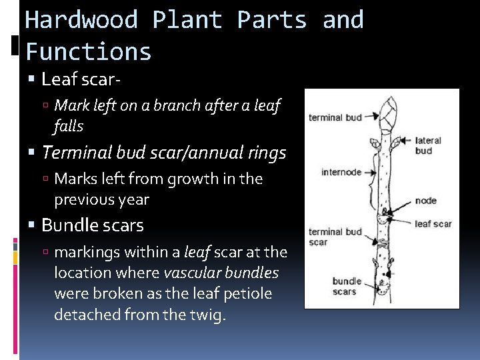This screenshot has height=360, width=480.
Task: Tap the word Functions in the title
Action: pyautogui.click(x=89, y=51)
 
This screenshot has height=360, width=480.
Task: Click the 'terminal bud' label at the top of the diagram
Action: pyautogui.click(x=335, y=117)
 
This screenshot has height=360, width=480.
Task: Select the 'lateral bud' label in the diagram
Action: pyautogui.click(x=428, y=145)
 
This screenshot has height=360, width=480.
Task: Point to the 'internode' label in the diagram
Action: pyautogui.click(x=341, y=172)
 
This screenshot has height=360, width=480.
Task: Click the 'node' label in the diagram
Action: pyautogui.click(x=425, y=201)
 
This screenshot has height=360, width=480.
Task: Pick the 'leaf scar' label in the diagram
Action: pyautogui.click(x=433, y=223)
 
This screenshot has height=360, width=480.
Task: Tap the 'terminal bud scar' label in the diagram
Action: pyautogui.click(x=335, y=237)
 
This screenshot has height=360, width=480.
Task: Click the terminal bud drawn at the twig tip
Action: pyautogui.click(x=387, y=111)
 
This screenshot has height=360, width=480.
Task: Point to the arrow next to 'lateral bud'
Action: pyautogui.click(x=406, y=142)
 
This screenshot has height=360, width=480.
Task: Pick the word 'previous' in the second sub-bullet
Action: pyautogui.click(x=79, y=199)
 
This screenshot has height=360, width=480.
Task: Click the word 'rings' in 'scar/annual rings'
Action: pyautogui.click(x=265, y=153)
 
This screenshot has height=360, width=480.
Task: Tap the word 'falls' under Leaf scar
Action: pyautogui.click(x=69, y=125)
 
